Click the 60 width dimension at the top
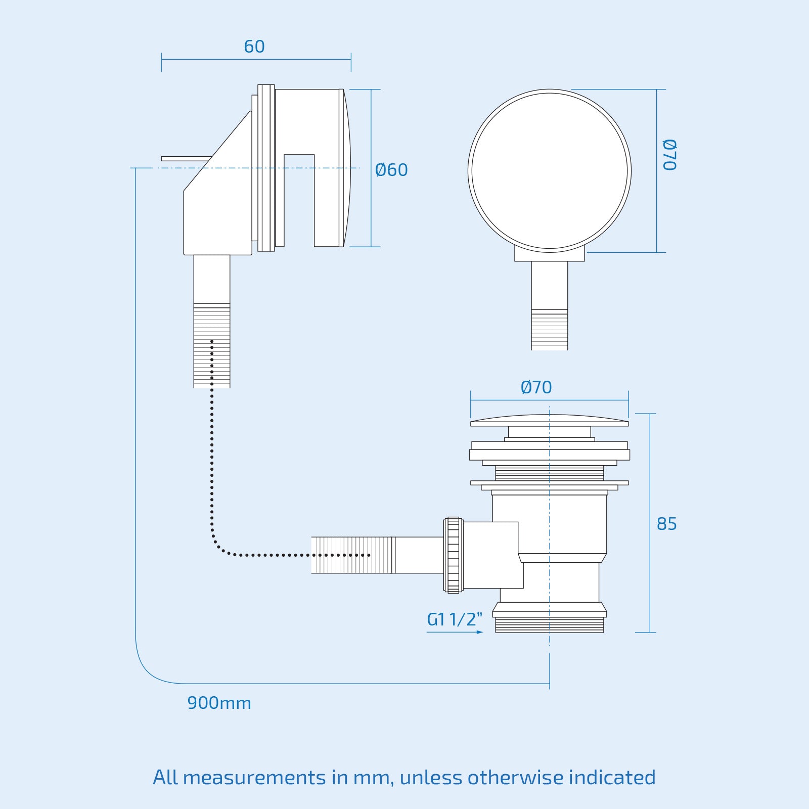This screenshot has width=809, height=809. click(x=254, y=47)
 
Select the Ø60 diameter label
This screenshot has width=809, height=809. click(x=391, y=170)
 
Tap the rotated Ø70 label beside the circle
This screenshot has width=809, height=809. click(x=669, y=155)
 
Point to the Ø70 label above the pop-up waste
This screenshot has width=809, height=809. click(x=536, y=387)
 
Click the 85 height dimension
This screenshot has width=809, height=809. click(x=666, y=524)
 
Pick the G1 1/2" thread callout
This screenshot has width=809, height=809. click(x=455, y=619)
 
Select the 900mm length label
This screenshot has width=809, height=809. click(x=219, y=703)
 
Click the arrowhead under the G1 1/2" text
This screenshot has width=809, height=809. click(x=480, y=632)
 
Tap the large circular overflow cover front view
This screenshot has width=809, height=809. click(x=550, y=171)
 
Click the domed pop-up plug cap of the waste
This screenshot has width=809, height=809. click(x=550, y=420)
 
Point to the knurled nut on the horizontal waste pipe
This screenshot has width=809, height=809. click(x=453, y=555)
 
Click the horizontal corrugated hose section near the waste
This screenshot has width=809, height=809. click(x=353, y=555)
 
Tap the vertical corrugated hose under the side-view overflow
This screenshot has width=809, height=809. click(x=212, y=345)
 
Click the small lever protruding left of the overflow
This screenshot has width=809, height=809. click(x=185, y=159)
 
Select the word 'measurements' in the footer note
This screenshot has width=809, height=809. click(x=254, y=778)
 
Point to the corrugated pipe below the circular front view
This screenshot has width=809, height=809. click(x=550, y=330)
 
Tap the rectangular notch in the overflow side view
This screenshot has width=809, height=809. click(x=299, y=200)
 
